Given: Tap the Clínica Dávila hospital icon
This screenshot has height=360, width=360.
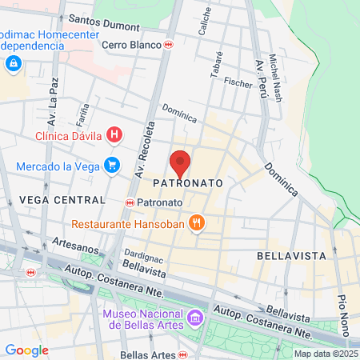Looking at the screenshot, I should [114, 135].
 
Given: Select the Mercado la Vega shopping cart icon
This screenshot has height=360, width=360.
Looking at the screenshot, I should [112, 166].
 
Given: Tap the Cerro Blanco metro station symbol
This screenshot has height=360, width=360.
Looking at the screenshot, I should [168, 45].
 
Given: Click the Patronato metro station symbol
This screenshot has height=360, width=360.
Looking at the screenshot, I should [130, 203].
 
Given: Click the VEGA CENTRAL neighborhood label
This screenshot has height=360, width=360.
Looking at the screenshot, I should [62, 199].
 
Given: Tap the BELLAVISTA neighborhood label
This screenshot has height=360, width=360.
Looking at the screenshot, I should [291, 255].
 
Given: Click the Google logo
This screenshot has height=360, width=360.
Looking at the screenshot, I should [27, 350].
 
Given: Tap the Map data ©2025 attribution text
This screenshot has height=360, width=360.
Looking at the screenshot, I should [326, 354].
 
